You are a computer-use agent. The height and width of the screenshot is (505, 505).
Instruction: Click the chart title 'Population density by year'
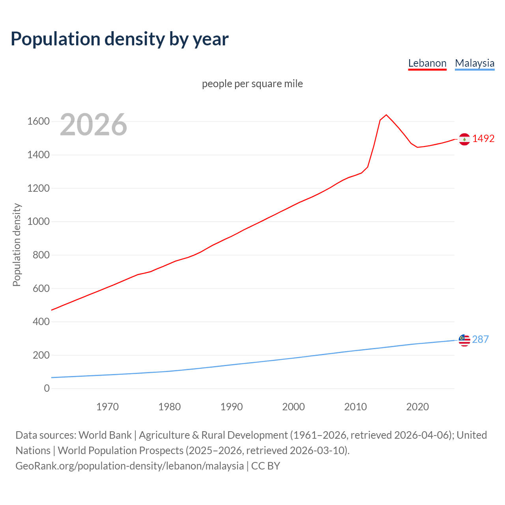pyautogui.click(x=120, y=39)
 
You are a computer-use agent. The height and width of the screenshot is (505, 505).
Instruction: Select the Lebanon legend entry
pyautogui.click(x=427, y=63)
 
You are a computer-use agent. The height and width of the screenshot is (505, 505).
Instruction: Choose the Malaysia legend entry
pyautogui.click(x=474, y=63)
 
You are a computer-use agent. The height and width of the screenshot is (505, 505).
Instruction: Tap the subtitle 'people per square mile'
pyautogui.click(x=252, y=84)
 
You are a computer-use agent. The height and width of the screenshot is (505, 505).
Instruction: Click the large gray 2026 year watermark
pyautogui.click(x=94, y=125)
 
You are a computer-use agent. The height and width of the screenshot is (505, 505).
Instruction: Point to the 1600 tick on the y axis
pyautogui.click(x=38, y=122)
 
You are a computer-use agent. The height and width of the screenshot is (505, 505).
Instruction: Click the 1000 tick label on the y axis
pyautogui.click(x=38, y=222)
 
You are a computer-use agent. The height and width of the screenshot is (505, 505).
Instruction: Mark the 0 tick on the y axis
pyautogui.click(x=47, y=389)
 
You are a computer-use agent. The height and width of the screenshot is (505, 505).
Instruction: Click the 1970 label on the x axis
pyautogui.click(x=107, y=407)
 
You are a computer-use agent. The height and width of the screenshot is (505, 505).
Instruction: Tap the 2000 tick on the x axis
pyautogui.click(x=293, y=407)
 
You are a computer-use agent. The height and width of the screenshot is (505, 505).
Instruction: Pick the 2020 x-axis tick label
pyautogui.click(x=417, y=407)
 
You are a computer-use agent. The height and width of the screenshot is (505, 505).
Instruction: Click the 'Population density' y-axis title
pyautogui.click(x=17, y=245)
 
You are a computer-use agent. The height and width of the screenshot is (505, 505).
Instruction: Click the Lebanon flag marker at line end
pyautogui.click(x=464, y=139)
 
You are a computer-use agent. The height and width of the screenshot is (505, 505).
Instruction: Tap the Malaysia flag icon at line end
pyautogui.click(x=464, y=340)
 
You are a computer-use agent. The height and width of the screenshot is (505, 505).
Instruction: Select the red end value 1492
pyautogui.click(x=483, y=139)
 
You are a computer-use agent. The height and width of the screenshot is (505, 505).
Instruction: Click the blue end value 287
pyautogui.click(x=480, y=340)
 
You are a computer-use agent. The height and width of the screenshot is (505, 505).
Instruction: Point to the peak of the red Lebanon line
pyautogui.click(x=386, y=115)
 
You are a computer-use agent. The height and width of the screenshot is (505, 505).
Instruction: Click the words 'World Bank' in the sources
pyautogui.click(x=105, y=435)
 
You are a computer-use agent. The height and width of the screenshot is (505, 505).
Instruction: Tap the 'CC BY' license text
pyautogui.click(x=266, y=466)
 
